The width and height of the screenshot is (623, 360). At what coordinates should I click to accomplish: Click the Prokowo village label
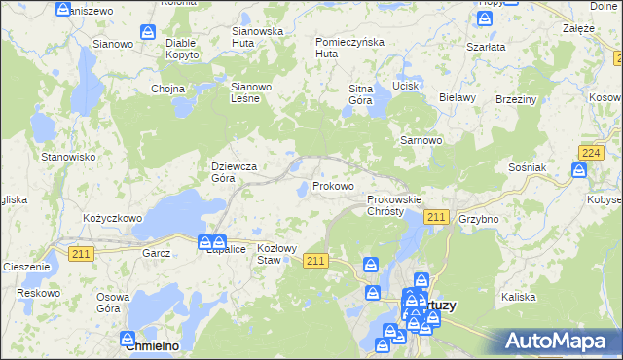click(x=333, y=186)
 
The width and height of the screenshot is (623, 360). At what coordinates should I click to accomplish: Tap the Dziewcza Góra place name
click(x=235, y=172)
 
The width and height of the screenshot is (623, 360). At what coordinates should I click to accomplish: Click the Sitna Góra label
click(x=361, y=94)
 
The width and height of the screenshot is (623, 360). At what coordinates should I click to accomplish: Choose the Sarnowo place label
click(x=421, y=140)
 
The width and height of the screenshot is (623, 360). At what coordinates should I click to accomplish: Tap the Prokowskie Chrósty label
click(x=394, y=205)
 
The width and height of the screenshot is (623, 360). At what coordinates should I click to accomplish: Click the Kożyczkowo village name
click(x=113, y=219)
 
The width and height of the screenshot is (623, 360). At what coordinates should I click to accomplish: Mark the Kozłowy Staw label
click(x=275, y=255)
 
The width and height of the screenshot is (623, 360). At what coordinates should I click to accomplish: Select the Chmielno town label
click(x=157, y=345)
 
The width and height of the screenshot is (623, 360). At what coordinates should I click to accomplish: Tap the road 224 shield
click(x=588, y=154)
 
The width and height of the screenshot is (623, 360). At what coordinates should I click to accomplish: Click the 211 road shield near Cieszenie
click(x=81, y=253)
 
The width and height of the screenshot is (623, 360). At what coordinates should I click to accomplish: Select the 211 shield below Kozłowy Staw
click(x=314, y=261)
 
